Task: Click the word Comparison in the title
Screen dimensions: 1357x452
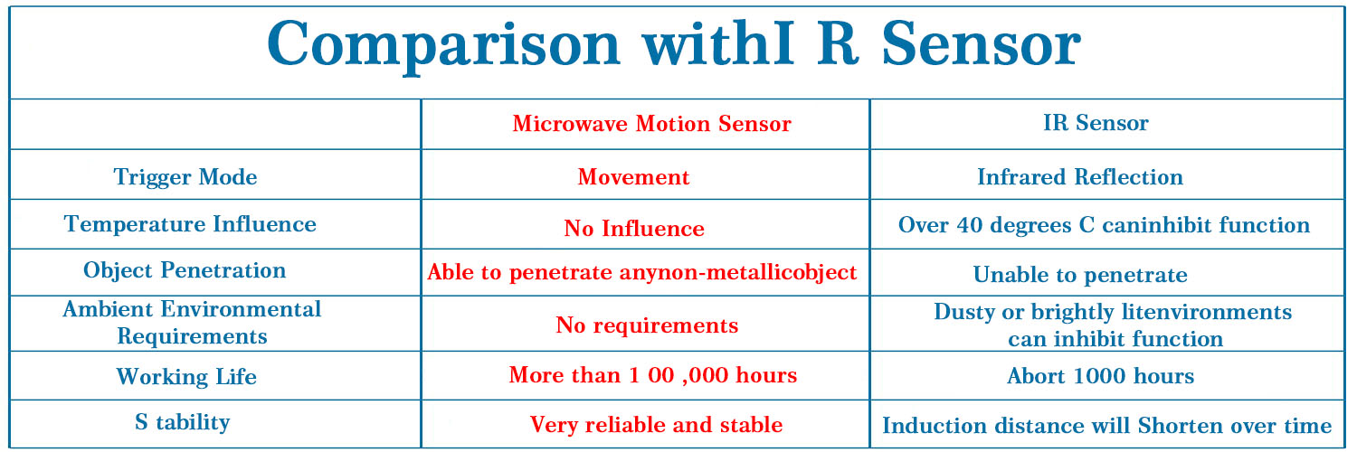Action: pos(443,46)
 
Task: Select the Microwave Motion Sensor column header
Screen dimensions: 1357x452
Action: pos(652,124)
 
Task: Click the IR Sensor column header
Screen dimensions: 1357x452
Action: pos(1096,123)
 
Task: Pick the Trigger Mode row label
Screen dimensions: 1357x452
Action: pos(185,177)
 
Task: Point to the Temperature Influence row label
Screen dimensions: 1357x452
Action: pos(190,224)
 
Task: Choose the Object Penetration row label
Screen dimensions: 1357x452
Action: pos(185,270)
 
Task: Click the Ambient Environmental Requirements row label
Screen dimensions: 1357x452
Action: pos(192,323)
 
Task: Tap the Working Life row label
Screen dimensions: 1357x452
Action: pos(186,376)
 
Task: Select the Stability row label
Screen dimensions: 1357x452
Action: pos(183,422)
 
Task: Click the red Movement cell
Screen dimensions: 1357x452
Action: pos(633,177)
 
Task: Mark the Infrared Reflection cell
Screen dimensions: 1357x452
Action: pos(1080,176)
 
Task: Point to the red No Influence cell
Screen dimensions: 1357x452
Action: pos(634,228)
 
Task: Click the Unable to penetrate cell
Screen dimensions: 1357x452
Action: pos(1080,275)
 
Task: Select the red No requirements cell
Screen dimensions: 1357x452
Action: pos(647,325)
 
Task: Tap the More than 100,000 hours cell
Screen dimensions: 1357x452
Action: pos(653,375)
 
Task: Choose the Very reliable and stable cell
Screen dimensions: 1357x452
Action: pos(656,425)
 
